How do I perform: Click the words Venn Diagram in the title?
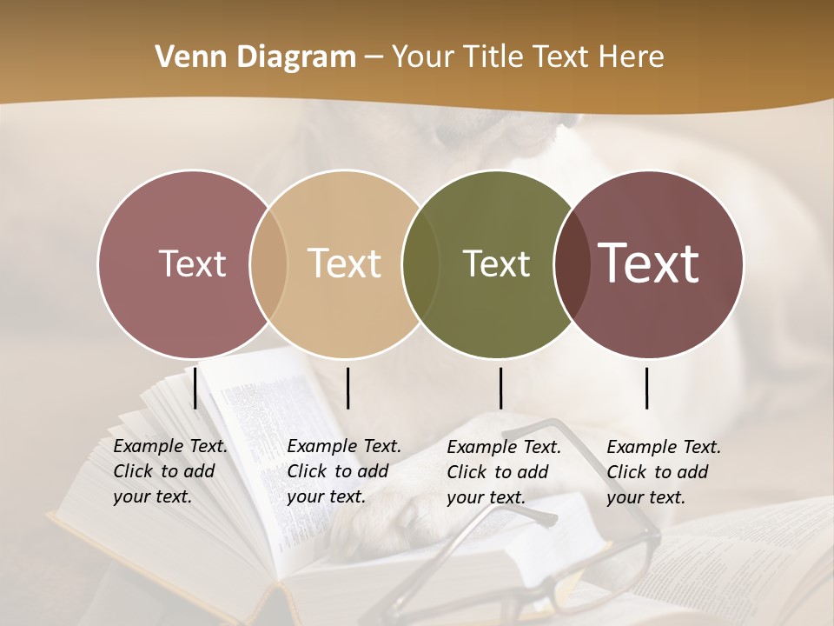[255, 57]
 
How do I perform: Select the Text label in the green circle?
[496, 263]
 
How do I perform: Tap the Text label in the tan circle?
[344, 263]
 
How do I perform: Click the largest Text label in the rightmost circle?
[649, 263]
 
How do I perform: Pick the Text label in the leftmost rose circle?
[192, 263]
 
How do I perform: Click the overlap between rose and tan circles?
[268, 263]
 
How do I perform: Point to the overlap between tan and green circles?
[414, 263]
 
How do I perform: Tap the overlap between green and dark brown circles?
[567, 263]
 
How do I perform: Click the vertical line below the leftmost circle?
[195, 388]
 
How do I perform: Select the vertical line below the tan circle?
[347, 388]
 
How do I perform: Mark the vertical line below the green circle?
[500, 388]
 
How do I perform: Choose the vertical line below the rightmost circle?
[647, 388]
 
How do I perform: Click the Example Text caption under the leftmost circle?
[169, 471]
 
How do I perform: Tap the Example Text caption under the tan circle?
[343, 471]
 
